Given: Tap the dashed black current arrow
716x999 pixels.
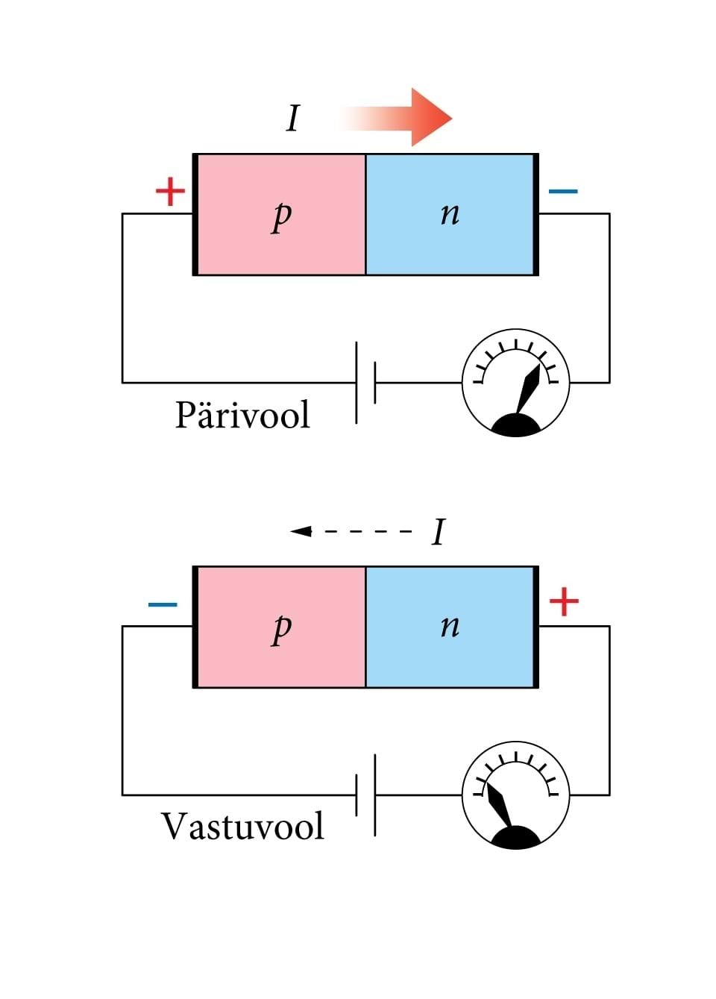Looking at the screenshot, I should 351,531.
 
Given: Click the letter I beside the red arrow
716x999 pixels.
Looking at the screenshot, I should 293,119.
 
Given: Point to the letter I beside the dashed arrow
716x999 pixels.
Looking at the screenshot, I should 439,533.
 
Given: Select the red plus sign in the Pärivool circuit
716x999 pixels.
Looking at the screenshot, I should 170,192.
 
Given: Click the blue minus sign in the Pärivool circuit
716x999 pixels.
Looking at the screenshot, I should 563,192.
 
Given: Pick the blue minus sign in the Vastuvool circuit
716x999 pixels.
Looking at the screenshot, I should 163,604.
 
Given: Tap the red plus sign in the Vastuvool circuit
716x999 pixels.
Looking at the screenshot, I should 564,602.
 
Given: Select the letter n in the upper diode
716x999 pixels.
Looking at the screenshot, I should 450,214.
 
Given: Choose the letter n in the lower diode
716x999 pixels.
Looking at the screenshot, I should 450,627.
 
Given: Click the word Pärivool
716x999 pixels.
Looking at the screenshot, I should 242,415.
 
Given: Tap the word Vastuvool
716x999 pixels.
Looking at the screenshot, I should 242,827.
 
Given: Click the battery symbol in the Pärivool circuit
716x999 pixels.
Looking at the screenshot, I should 365,383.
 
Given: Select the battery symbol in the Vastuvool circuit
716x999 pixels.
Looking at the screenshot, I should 365,795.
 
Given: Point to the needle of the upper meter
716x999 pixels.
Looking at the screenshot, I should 530,388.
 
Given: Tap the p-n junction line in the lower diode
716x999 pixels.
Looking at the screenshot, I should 365,627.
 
